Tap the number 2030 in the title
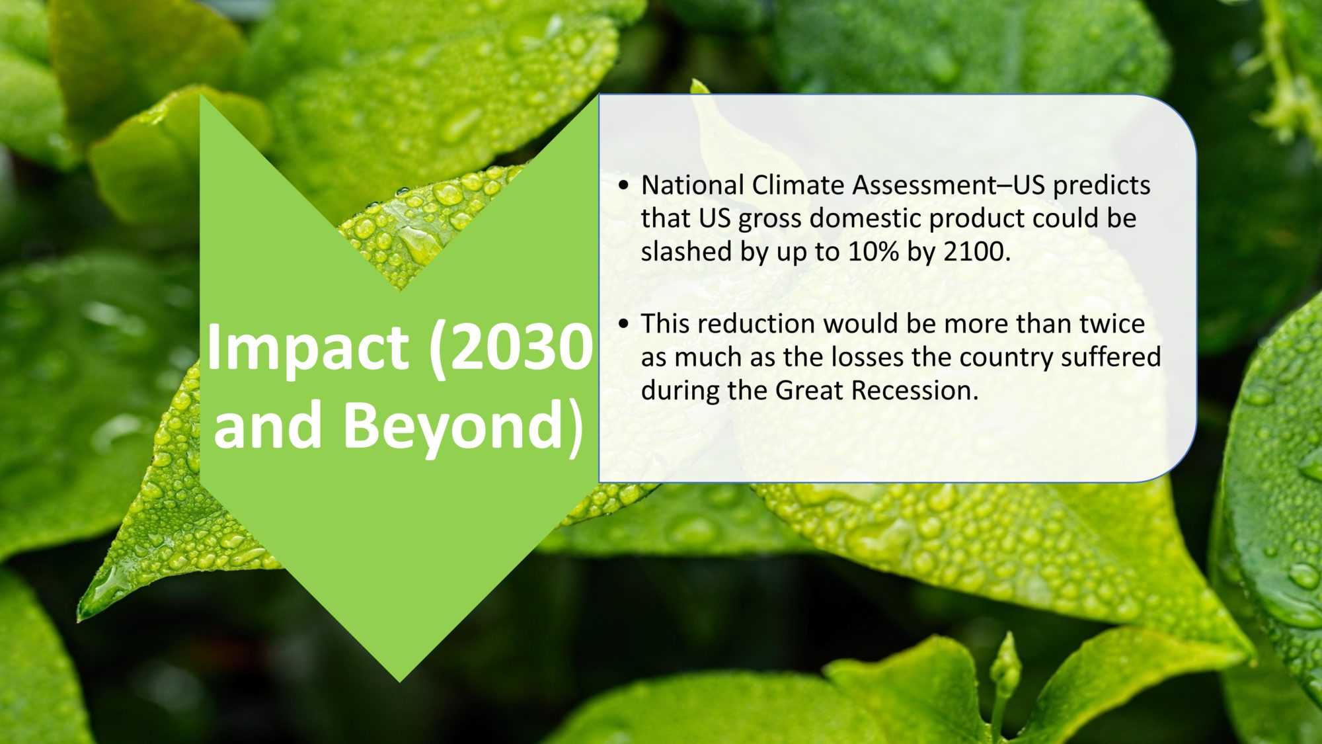[x=512, y=348]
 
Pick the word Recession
[x=914, y=390]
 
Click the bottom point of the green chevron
[x=399, y=682]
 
